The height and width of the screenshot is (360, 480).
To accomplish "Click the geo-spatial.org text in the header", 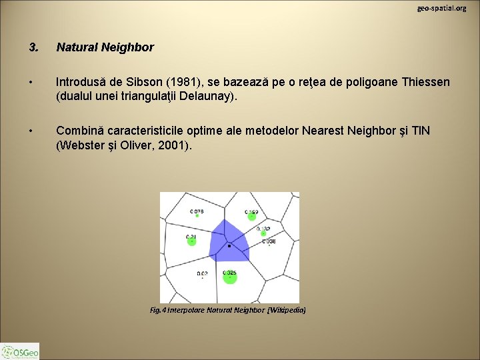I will point(441,8).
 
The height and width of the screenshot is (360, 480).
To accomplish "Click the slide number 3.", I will point(33,47).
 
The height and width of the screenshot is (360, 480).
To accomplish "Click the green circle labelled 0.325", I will point(229,277).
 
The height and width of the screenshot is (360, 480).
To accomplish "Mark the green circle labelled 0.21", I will point(191,241).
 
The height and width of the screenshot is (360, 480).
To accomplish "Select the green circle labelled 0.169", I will point(251,215).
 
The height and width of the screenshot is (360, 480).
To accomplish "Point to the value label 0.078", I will point(197,211).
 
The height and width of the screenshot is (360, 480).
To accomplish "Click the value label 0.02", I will point(202,273).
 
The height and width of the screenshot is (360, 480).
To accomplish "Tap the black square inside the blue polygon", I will point(229,246).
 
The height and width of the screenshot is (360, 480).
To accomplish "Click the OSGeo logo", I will point(20,351).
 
